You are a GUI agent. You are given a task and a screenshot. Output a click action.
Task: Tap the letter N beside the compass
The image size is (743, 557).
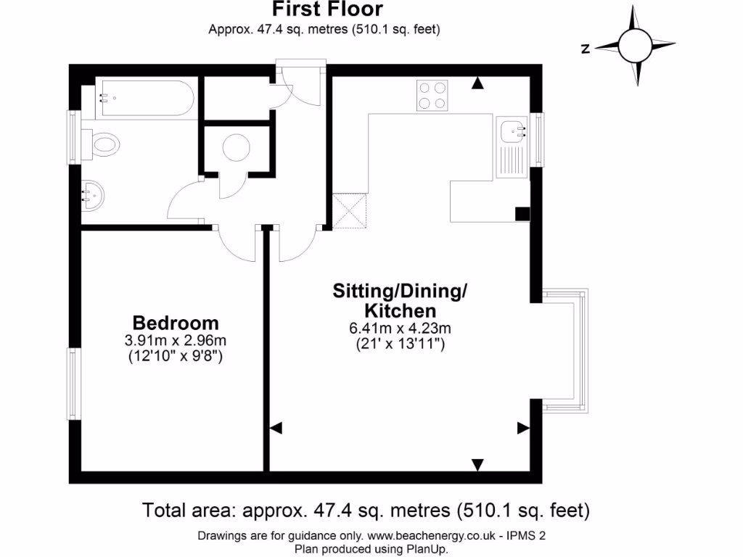(585, 49)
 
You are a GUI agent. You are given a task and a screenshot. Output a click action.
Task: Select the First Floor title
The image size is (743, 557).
(327, 9)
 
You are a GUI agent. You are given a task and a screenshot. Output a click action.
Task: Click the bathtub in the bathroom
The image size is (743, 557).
(145, 99)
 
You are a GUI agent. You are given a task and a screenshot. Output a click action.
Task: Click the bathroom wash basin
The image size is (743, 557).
(93, 194)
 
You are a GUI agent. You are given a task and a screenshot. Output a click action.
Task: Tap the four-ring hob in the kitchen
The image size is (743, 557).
(432, 96)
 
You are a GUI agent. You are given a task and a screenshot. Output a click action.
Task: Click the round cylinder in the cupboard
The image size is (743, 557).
(237, 149)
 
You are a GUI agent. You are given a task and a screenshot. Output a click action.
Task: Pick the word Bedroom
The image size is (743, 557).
(175, 323)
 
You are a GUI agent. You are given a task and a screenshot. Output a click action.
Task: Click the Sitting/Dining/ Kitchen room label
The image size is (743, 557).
(399, 301)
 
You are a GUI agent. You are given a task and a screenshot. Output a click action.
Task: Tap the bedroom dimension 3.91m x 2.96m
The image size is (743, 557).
(175, 340)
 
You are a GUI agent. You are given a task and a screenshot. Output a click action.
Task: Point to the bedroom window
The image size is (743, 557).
(74, 383)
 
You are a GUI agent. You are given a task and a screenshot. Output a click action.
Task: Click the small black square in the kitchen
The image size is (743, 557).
(521, 213)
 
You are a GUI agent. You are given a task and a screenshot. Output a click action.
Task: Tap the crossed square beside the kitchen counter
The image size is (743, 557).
(350, 212)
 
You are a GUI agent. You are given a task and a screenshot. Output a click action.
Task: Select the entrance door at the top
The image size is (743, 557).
(297, 83)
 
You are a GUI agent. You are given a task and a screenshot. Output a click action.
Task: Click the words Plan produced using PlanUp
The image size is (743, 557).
(371, 549)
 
